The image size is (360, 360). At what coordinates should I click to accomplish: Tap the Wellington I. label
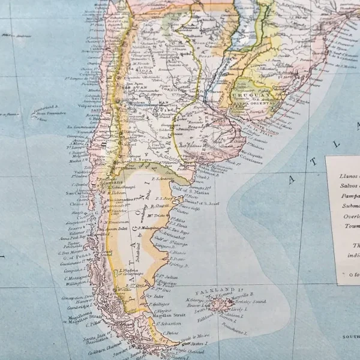[x=77, y=283]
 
